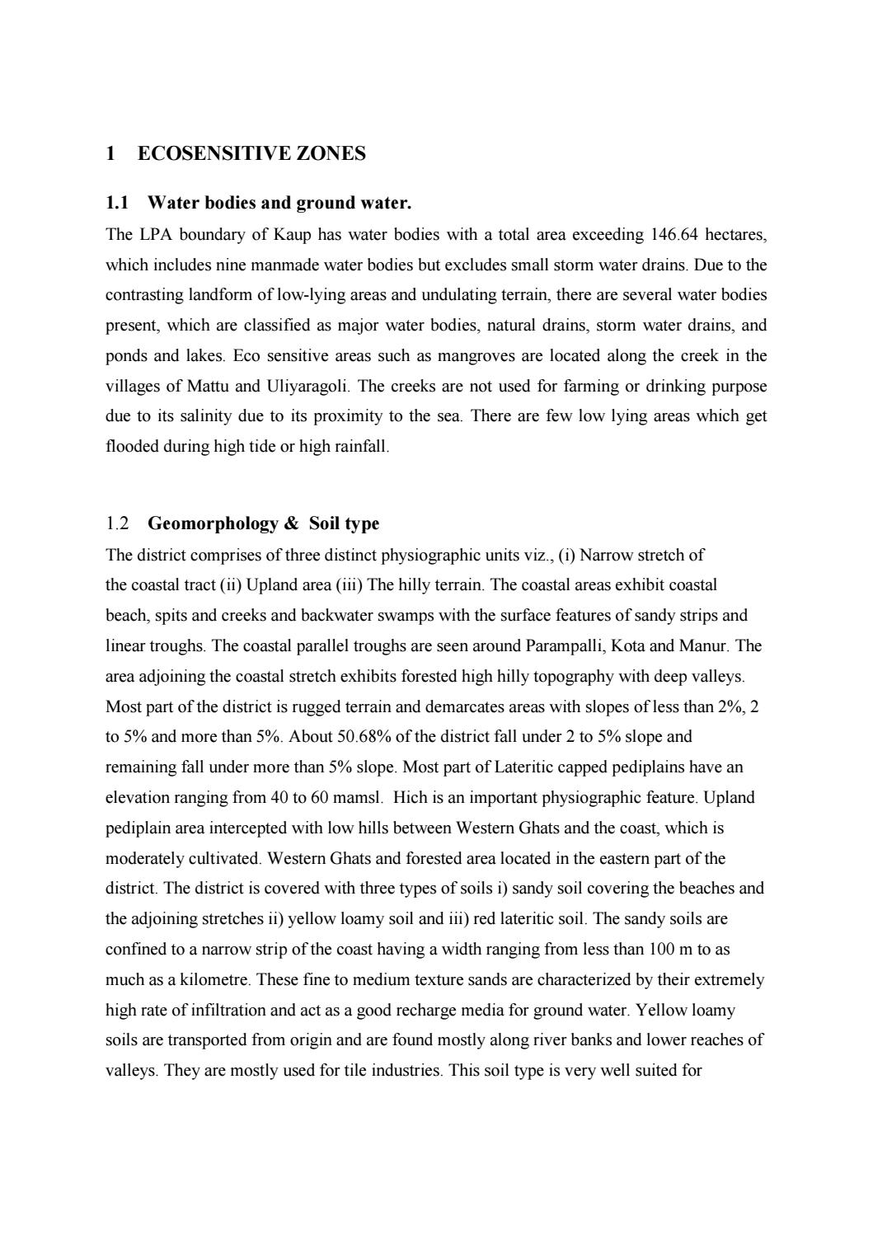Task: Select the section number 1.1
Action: pyautogui.click(x=119, y=203)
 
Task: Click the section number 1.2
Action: pyautogui.click(x=118, y=524)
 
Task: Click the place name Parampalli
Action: pyautogui.click(x=566, y=646)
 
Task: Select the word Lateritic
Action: pyautogui.click(x=528, y=767)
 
